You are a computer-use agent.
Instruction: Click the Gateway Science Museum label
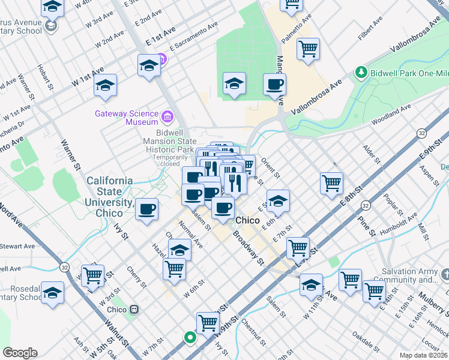pos(125,118)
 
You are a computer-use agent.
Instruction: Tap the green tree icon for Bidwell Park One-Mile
pos(361,72)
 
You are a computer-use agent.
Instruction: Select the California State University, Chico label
pos(110,197)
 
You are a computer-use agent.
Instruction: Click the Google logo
pos(20,353)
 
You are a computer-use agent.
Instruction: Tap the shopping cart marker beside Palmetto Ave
pos(308,49)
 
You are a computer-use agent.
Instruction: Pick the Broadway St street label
pos(249,248)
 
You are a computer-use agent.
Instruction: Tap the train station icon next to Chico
pos(134,310)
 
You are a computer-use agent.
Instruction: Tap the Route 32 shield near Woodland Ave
pos(422,133)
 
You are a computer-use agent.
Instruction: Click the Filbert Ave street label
pos(370,29)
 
